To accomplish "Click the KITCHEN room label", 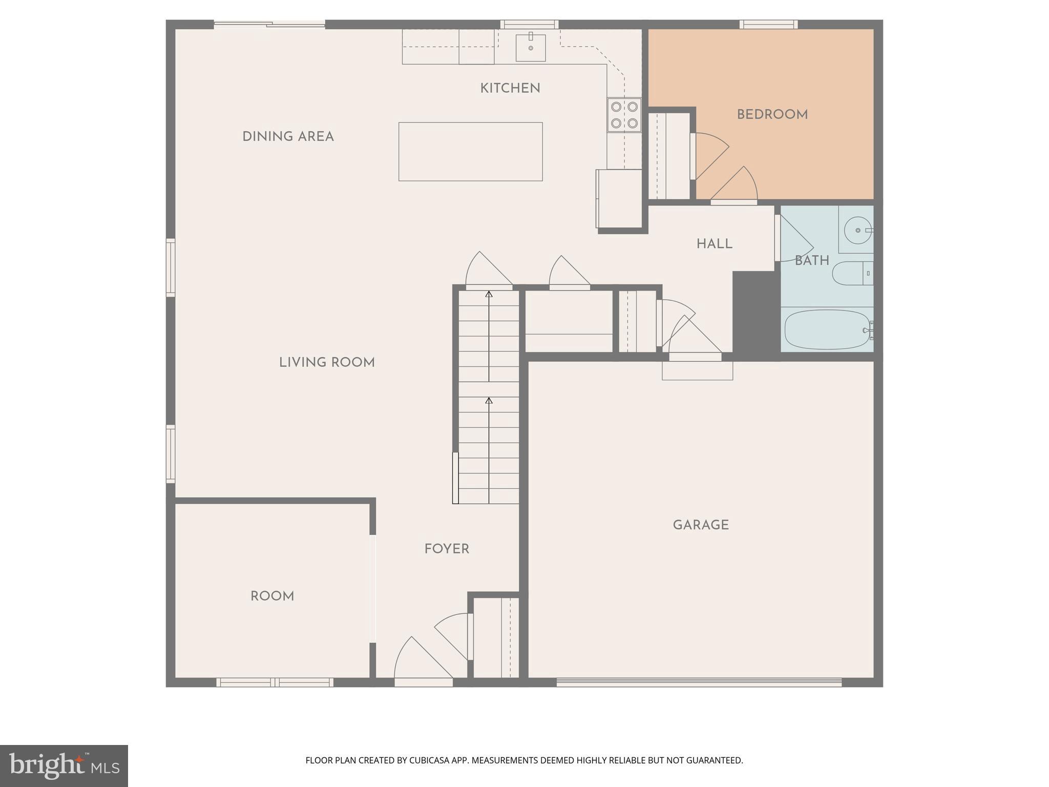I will pyautogui.click(x=510, y=89).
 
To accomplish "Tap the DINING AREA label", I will pyautogui.click(x=288, y=137).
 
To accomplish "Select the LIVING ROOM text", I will pyautogui.click(x=327, y=363).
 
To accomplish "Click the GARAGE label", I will pyautogui.click(x=700, y=525).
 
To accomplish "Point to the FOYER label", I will pyautogui.click(x=447, y=549).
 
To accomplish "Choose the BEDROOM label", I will pyautogui.click(x=772, y=115).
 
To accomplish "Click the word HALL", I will pyautogui.click(x=714, y=244).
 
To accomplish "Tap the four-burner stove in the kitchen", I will pyautogui.click(x=624, y=115).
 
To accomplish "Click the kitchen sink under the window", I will pyautogui.click(x=530, y=47).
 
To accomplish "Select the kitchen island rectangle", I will pyautogui.click(x=470, y=152).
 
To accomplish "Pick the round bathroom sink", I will pyautogui.click(x=857, y=231).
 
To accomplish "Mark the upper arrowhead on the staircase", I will pyautogui.click(x=489, y=294).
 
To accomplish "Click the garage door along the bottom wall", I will pyautogui.click(x=699, y=682).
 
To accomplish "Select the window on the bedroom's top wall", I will pyautogui.click(x=768, y=24).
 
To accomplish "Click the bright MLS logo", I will pyautogui.click(x=64, y=765).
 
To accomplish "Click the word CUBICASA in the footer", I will pyautogui.click(x=429, y=760).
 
